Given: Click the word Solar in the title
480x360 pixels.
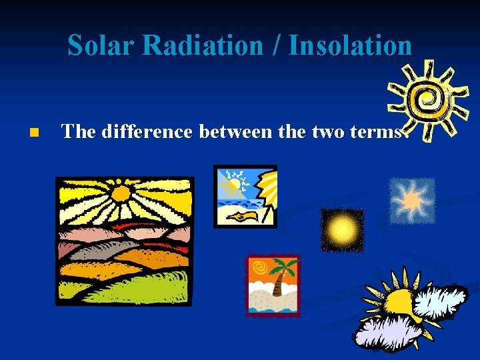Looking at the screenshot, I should [101, 45].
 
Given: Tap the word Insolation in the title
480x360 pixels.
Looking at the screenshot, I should [349, 45].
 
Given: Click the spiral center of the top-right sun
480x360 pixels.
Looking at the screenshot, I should [425, 99].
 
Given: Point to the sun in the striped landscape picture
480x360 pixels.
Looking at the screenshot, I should [121, 194].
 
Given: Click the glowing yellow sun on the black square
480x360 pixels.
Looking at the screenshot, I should [343, 230].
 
